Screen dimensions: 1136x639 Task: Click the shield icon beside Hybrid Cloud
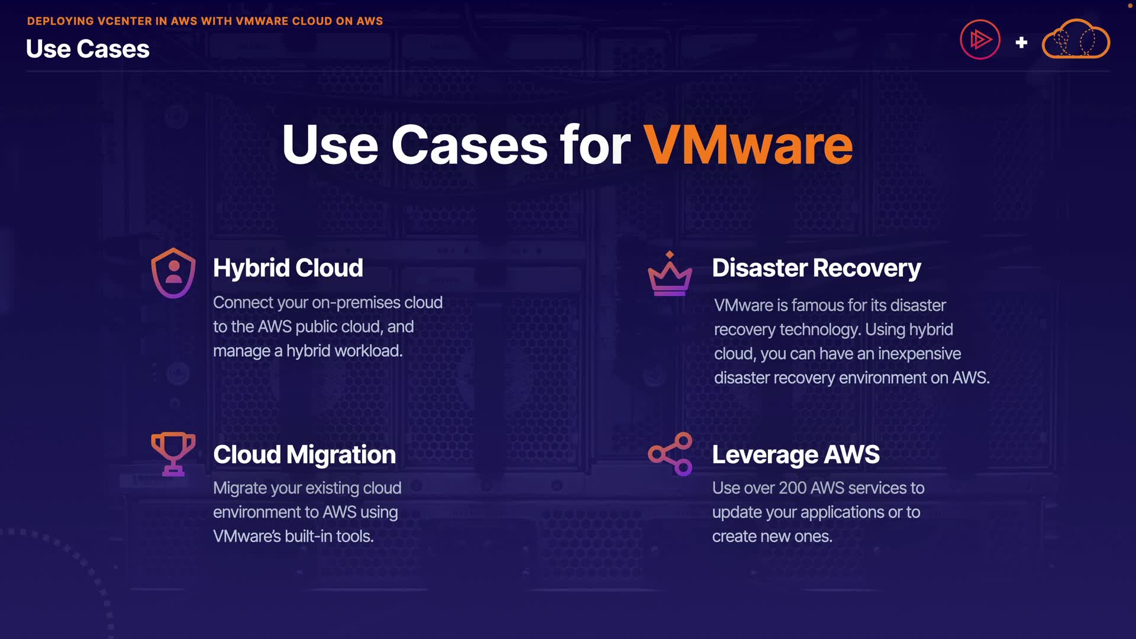pyautogui.click(x=173, y=273)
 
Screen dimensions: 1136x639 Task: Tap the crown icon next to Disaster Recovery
pyautogui.click(x=670, y=275)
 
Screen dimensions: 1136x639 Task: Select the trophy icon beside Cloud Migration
pyautogui.click(x=173, y=454)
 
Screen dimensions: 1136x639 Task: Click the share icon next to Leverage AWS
pyautogui.click(x=670, y=454)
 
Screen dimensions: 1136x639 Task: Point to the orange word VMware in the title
pyautogui.click(x=748, y=145)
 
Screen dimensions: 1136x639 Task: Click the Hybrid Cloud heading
pyautogui.click(x=288, y=268)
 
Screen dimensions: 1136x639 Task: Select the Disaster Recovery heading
pyautogui.click(x=816, y=268)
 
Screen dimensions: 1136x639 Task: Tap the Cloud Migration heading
pyautogui.click(x=304, y=454)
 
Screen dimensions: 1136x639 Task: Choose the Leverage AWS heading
pyautogui.click(x=796, y=454)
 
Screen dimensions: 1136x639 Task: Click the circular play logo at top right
pyautogui.click(x=980, y=40)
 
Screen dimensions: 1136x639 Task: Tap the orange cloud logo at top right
pyautogui.click(x=1076, y=40)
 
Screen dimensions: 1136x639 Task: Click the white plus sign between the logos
pyautogui.click(x=1021, y=43)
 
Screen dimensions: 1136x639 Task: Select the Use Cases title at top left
pyautogui.click(x=88, y=49)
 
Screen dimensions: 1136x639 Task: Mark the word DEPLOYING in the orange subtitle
pyautogui.click(x=60, y=21)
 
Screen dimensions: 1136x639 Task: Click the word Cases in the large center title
pyautogui.click(x=469, y=145)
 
